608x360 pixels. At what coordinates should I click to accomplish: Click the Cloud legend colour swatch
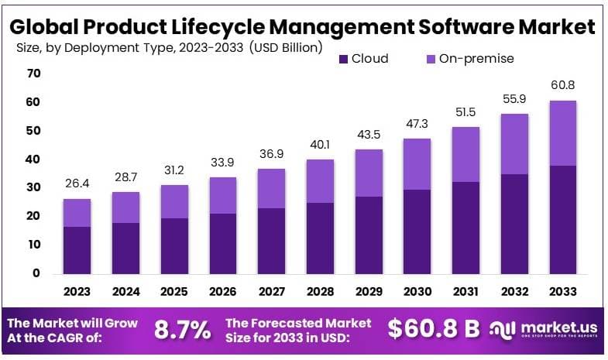coord(344,58)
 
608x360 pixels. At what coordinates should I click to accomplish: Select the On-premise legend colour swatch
coord(431,58)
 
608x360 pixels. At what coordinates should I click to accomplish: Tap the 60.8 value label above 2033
coord(563,85)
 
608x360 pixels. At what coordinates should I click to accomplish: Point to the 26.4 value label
coord(77,183)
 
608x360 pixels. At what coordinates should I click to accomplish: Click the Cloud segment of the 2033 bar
coord(563,219)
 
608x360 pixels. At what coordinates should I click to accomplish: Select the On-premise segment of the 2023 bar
coord(77,213)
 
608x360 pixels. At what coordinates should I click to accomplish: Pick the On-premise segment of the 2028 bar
coord(320,181)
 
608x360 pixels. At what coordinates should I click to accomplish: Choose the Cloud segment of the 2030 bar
coord(417,231)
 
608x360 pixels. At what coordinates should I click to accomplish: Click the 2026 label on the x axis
coord(222,291)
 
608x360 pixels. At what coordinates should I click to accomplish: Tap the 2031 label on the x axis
coord(466,291)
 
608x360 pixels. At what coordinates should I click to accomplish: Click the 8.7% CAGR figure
coord(183,330)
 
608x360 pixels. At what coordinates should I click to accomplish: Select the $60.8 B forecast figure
coord(435,329)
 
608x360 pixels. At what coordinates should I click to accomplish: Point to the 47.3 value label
coord(417,122)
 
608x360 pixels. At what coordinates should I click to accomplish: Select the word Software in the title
coord(458,26)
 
